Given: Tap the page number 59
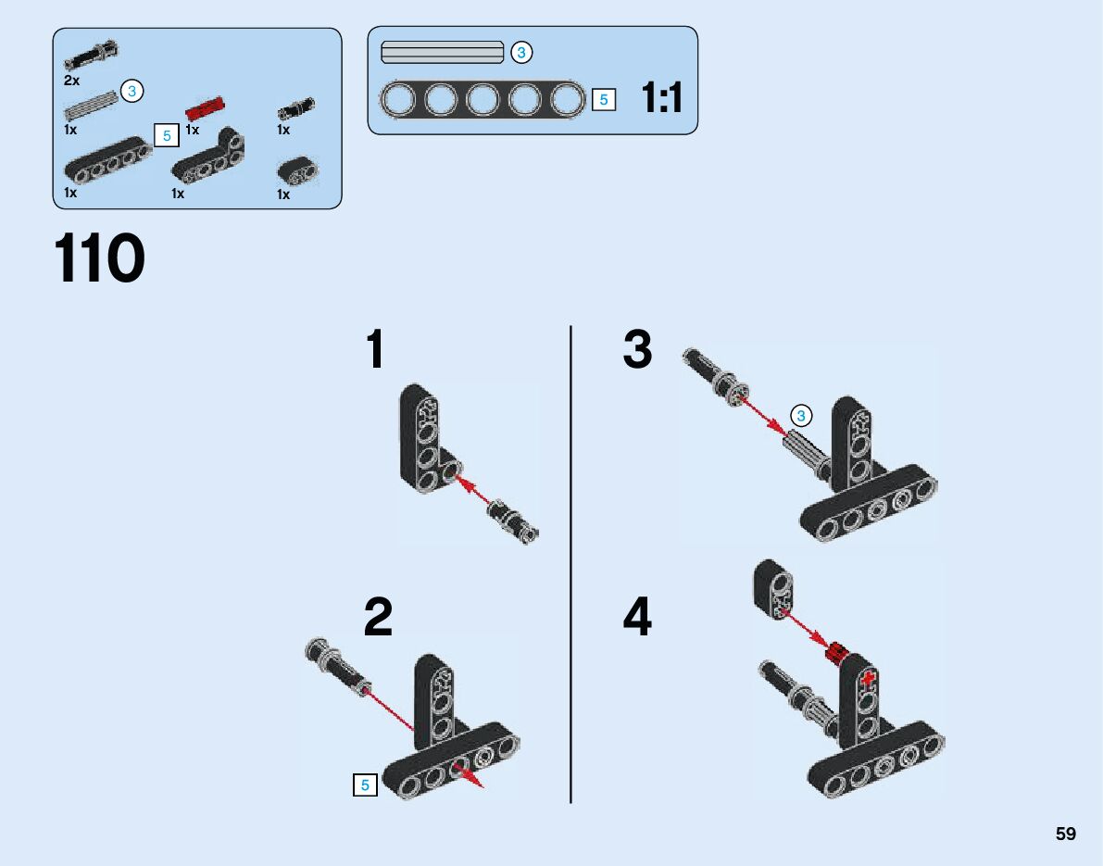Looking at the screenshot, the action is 1066,834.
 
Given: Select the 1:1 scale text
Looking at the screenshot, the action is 662,97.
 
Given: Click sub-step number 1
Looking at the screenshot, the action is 374,350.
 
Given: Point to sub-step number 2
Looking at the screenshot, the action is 378,618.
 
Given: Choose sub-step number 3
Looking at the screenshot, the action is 637,351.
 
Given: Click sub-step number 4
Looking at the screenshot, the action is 637,618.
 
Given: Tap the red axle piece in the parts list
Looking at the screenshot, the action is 206,108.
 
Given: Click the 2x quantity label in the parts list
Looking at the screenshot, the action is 71,81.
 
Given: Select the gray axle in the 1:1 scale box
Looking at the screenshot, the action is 442,53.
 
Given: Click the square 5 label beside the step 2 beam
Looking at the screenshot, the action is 365,785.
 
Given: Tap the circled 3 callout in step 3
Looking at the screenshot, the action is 802,416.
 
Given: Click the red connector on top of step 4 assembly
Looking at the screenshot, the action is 837,653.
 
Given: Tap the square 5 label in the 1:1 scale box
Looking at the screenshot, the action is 603,99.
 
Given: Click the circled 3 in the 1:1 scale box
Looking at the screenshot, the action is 520,53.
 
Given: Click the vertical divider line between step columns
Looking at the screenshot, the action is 570,565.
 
